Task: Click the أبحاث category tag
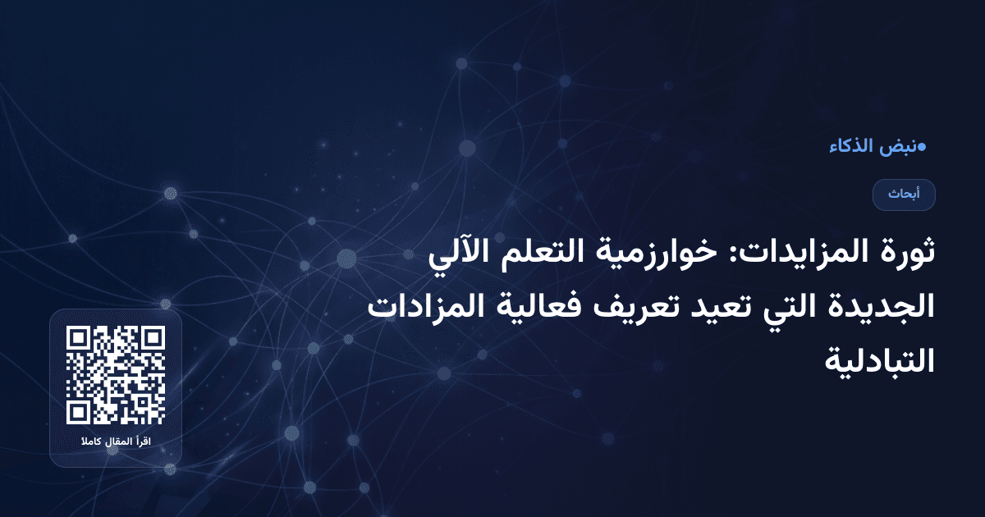(x=904, y=194)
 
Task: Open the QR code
(x=116, y=375)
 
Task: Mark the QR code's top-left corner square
(x=80, y=339)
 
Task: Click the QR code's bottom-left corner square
(x=80, y=411)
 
